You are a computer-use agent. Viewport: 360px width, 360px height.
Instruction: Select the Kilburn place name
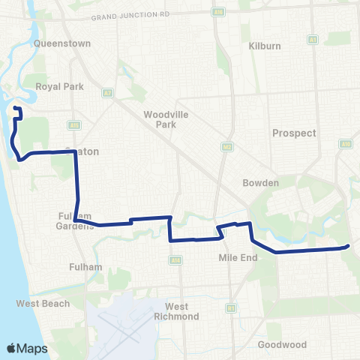click(x=264, y=46)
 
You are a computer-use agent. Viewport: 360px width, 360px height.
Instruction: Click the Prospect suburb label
click(x=294, y=133)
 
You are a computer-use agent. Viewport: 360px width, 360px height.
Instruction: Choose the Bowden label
click(x=260, y=182)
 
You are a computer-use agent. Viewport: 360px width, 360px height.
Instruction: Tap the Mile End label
click(x=238, y=257)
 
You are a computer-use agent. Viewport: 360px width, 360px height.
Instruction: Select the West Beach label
click(x=43, y=304)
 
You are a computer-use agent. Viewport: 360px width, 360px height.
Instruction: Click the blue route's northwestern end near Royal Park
click(x=16, y=111)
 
